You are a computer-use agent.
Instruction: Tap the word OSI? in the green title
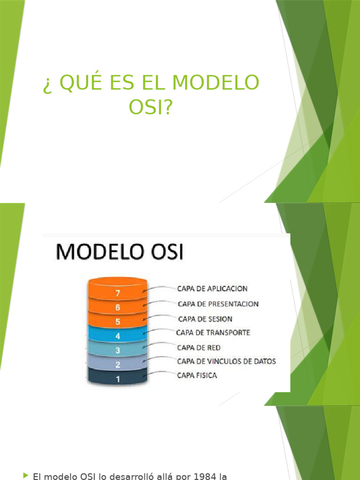[150, 107]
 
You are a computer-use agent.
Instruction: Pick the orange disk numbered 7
[118, 293]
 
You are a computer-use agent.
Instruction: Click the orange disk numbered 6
[118, 307]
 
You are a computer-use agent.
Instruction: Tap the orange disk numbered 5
[118, 322]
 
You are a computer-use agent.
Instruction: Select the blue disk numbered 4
[118, 336]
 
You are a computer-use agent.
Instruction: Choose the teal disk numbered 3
[118, 350]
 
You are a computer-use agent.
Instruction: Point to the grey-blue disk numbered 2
[118, 365]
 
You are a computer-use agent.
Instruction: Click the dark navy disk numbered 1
[118, 379]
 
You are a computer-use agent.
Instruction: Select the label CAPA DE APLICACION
[212, 289]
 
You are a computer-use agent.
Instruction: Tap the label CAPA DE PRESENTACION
[218, 304]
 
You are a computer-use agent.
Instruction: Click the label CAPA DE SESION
[205, 319]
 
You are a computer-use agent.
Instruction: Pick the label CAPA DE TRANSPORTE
[213, 332]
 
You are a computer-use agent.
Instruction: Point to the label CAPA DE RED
[199, 347]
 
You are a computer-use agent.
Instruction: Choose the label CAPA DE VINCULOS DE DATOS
[226, 361]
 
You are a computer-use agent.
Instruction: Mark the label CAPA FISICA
[197, 375]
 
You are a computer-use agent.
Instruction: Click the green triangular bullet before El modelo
[25, 475]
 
